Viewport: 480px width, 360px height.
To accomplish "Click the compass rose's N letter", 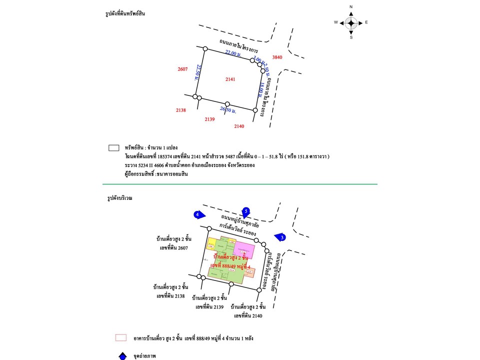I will click(351, 6).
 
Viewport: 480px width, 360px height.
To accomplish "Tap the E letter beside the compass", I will click(366, 22).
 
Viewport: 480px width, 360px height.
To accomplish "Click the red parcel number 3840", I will click(277, 57).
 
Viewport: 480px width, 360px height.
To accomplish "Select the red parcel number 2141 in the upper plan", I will click(230, 79).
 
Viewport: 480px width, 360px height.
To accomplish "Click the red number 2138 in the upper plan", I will click(181, 110).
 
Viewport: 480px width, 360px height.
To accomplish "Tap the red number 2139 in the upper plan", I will click(209, 119).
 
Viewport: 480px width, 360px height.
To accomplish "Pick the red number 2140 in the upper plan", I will click(239, 126).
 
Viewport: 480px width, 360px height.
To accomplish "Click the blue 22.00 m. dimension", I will click(233, 53).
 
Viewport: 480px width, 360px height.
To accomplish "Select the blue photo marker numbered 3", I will click(281, 237).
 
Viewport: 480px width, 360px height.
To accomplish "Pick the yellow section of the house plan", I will click(213, 243).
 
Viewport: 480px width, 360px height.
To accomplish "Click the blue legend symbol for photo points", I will click(122, 356).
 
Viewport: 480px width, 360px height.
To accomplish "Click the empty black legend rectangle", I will click(113, 148).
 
